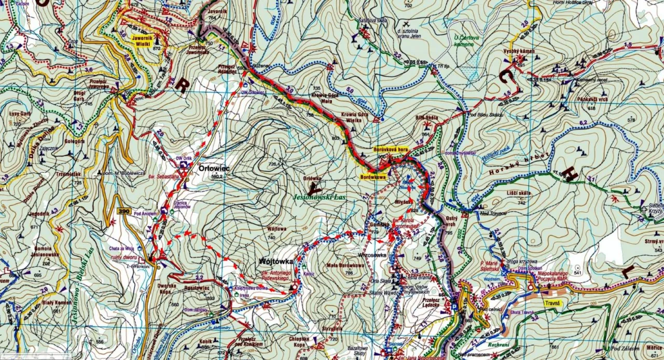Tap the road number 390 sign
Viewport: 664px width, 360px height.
coord(123,211)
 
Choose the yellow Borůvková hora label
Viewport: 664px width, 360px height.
coord(391,149)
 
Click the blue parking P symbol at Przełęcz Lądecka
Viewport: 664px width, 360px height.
coord(454,307)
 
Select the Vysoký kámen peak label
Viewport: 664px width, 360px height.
coord(518,51)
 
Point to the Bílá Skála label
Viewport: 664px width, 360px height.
coord(426,118)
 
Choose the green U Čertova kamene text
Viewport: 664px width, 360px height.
coord(463,40)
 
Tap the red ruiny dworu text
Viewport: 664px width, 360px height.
coord(123,256)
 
